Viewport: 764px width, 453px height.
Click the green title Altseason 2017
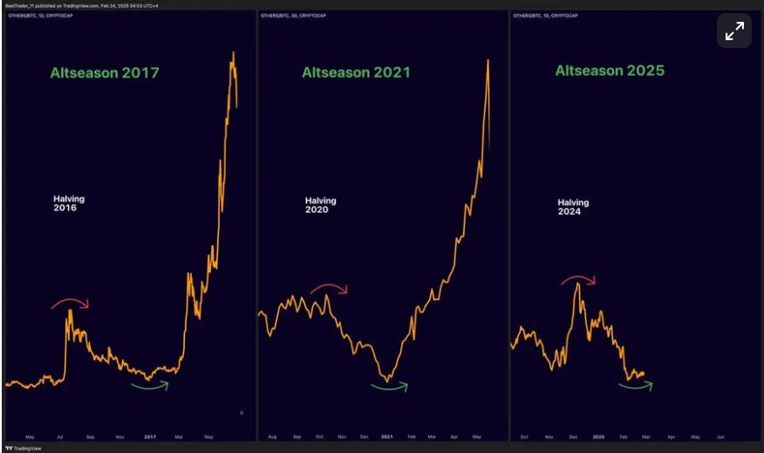coord(105,73)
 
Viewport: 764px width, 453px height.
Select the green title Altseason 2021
coord(356,72)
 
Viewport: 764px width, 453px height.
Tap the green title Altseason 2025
coord(610,70)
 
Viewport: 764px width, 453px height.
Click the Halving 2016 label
coord(69,203)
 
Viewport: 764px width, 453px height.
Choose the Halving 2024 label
coord(573,207)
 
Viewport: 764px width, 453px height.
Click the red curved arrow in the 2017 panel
coord(70,303)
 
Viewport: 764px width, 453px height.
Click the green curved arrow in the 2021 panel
coord(390,385)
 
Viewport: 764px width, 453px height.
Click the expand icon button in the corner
coord(734,31)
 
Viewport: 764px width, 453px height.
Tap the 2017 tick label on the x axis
coord(150,436)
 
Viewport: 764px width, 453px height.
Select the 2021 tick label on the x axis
coord(386,436)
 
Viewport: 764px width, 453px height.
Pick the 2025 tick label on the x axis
coord(598,436)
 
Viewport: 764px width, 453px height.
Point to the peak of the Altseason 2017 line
coord(233,53)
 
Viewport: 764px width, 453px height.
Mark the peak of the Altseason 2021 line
coord(488,59)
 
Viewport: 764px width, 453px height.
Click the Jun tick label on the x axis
coord(720,436)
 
